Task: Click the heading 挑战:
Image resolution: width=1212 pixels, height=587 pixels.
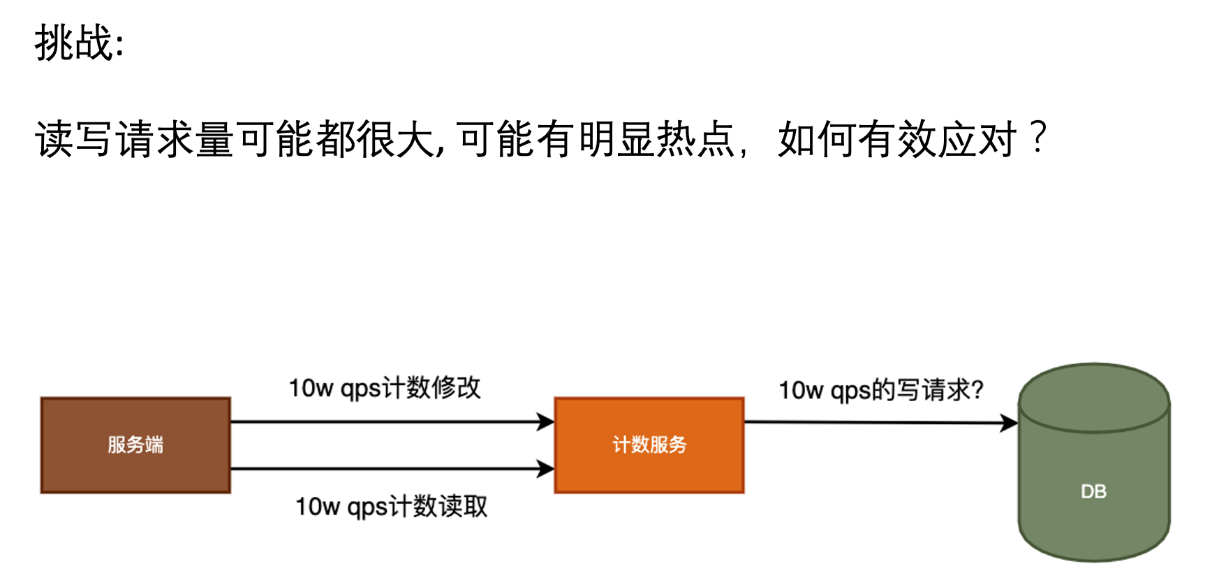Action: click(79, 43)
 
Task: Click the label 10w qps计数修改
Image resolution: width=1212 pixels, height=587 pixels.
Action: click(385, 388)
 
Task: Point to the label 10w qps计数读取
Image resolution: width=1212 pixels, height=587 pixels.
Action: click(391, 507)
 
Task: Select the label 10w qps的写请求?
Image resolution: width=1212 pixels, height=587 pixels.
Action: click(881, 390)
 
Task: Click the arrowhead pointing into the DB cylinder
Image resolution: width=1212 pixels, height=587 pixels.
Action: click(1009, 423)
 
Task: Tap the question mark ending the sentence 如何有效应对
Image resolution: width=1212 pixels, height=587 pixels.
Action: click(1038, 138)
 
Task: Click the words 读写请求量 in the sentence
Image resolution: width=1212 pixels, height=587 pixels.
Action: click(134, 139)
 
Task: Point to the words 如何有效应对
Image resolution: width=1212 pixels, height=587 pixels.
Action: click(896, 139)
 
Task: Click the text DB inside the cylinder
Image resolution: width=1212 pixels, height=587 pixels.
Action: click(1093, 492)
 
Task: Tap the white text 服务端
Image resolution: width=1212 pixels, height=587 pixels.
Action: click(135, 444)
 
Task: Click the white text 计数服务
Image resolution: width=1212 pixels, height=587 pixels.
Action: click(649, 444)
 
